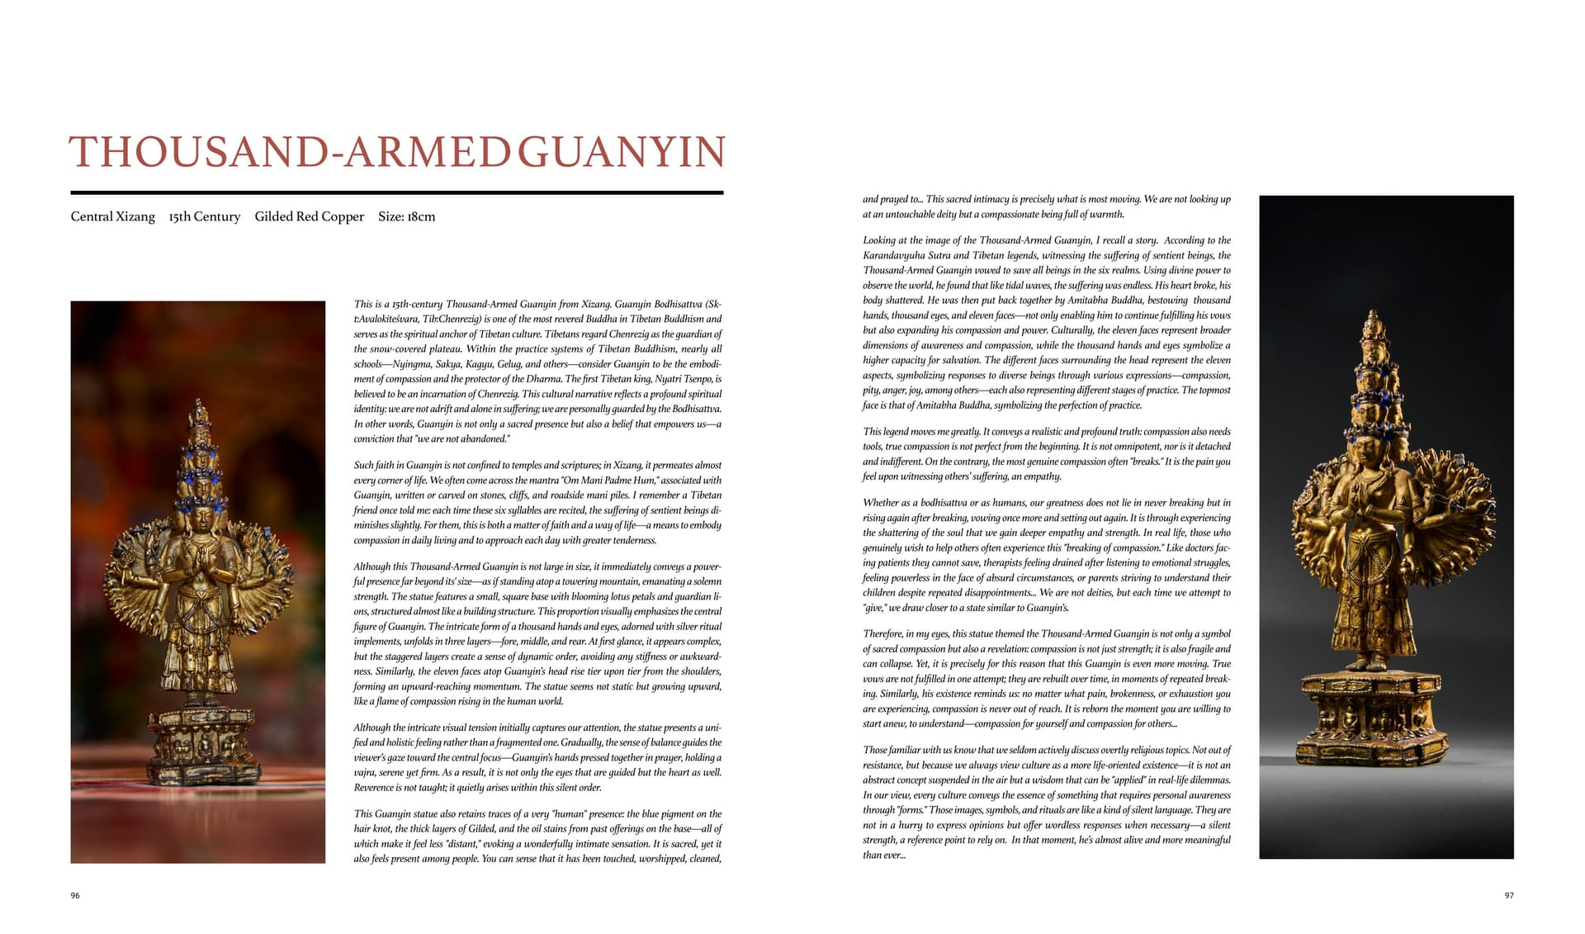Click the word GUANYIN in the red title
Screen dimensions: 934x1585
(621, 152)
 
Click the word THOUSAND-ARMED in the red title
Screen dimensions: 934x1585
(288, 152)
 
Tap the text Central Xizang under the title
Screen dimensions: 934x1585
(112, 216)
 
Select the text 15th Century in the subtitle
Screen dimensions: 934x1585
(204, 216)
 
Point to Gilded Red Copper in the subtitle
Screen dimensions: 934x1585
(309, 216)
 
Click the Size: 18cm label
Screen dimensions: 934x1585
(406, 216)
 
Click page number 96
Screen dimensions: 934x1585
(75, 895)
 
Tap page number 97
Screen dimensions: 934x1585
(1508, 895)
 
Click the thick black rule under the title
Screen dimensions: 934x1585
(396, 192)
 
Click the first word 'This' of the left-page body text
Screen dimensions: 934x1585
(362, 304)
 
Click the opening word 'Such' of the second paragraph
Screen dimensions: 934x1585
(364, 466)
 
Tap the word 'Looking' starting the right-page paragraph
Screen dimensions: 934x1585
(879, 240)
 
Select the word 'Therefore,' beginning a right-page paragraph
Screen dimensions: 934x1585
(884, 634)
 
